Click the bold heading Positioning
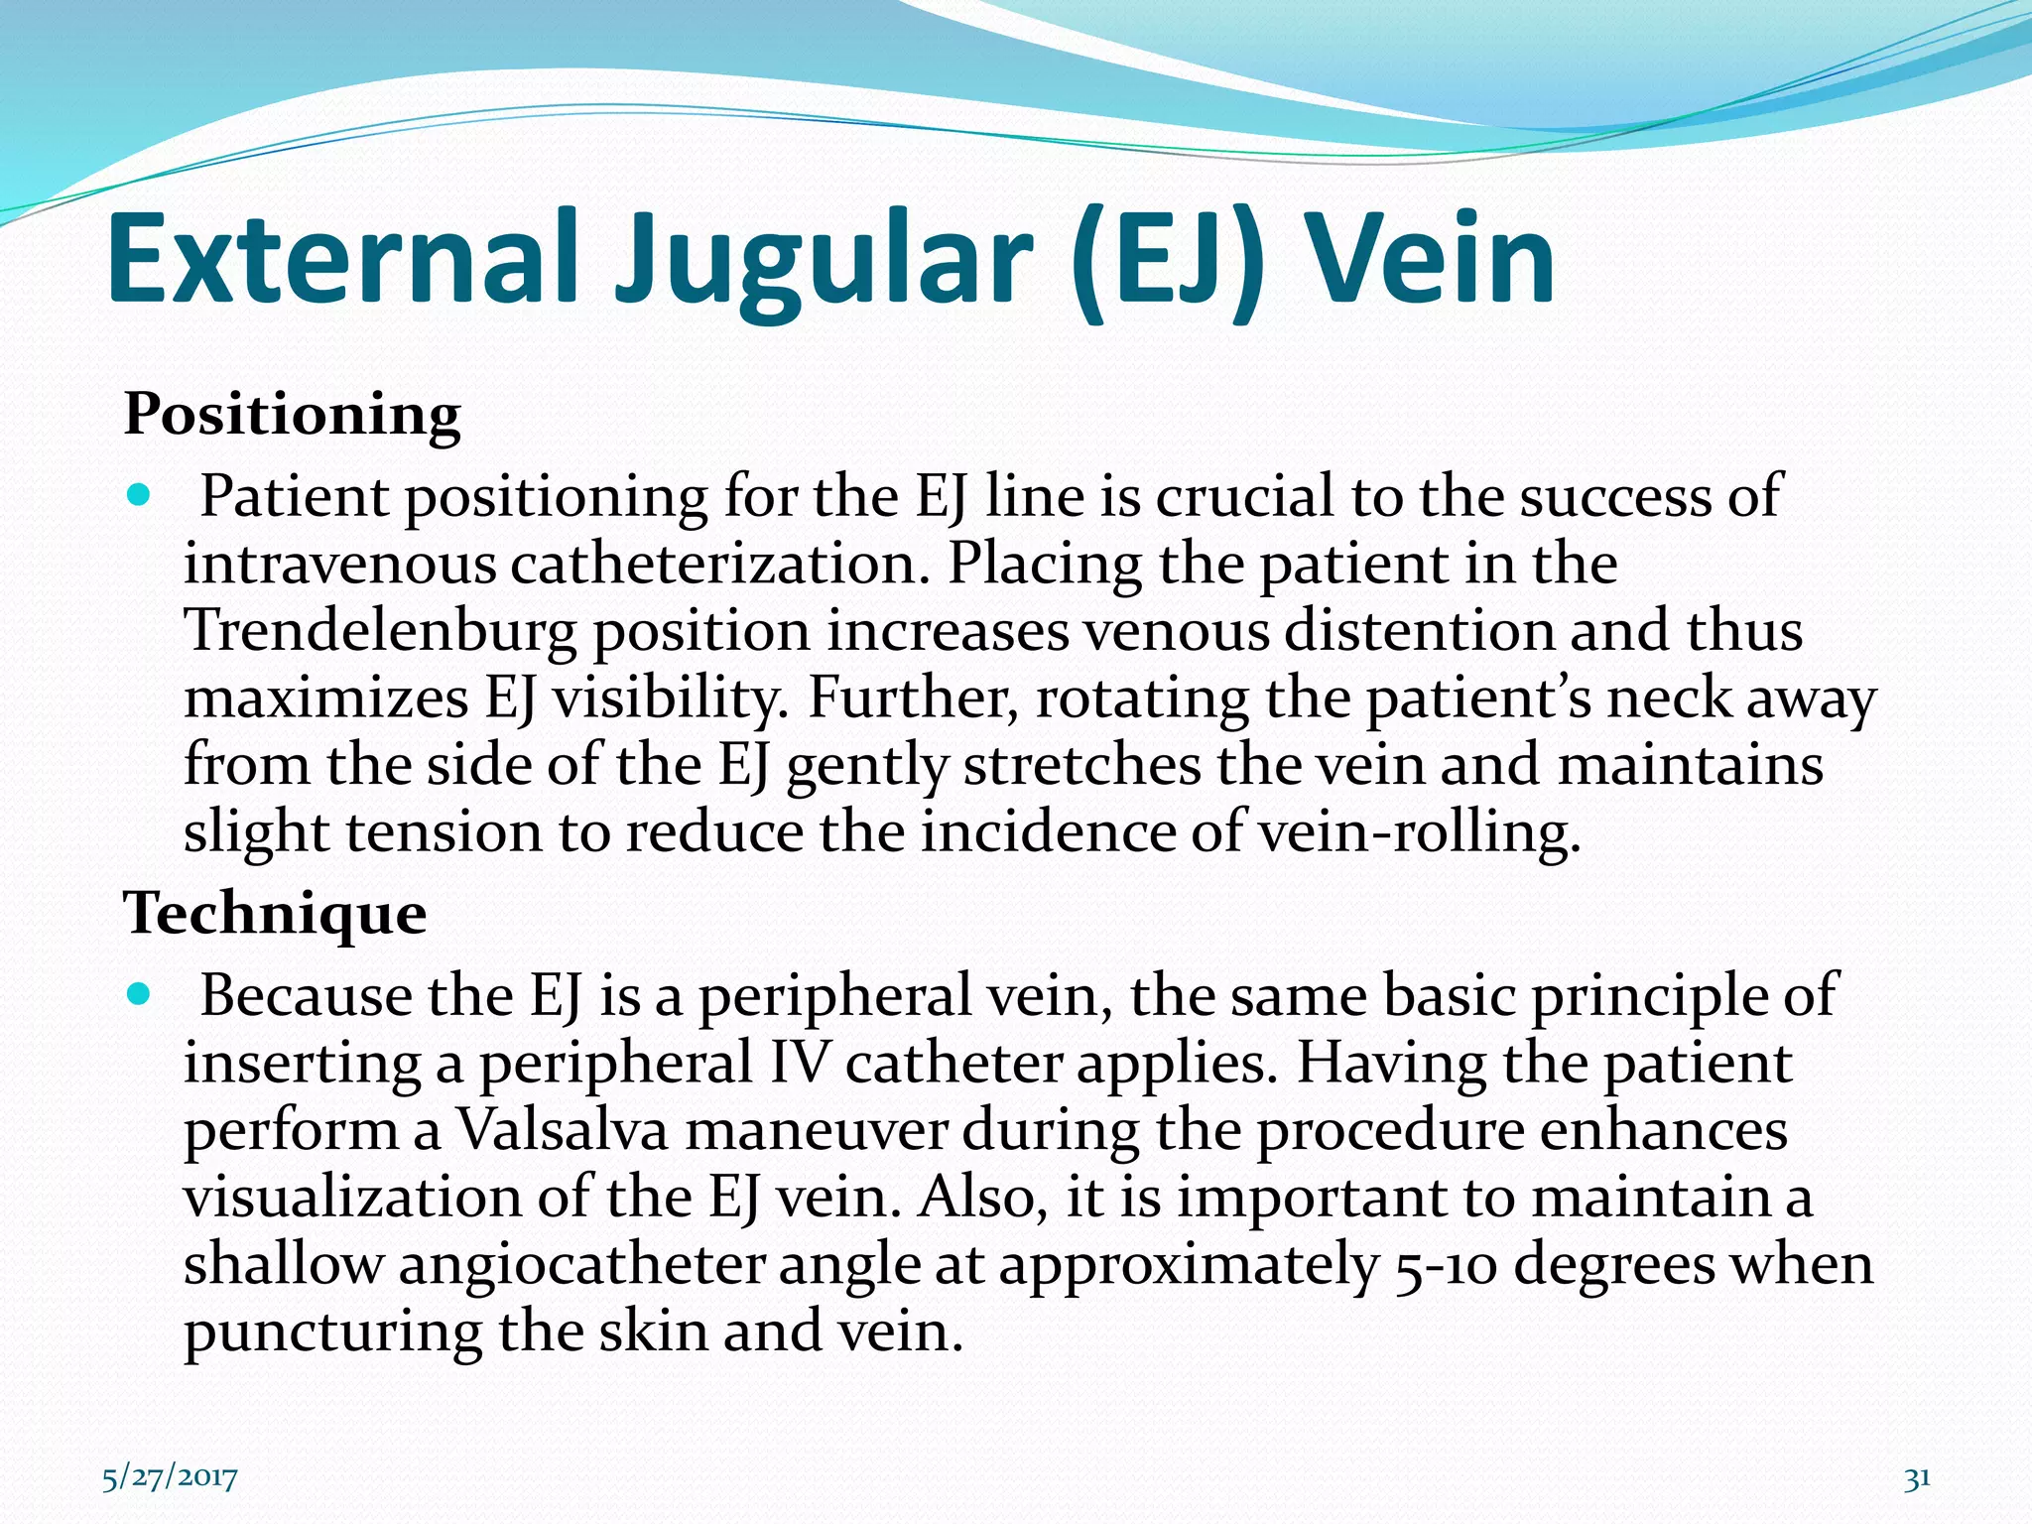pos(292,414)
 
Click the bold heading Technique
pos(275,913)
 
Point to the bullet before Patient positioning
pos(140,494)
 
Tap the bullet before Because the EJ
pos(140,993)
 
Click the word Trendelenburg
pos(379,631)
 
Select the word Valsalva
pos(562,1130)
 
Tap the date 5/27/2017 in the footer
pos(170,1477)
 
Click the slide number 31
pos(1917,1477)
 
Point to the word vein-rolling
pos(1419,832)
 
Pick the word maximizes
pos(325,698)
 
